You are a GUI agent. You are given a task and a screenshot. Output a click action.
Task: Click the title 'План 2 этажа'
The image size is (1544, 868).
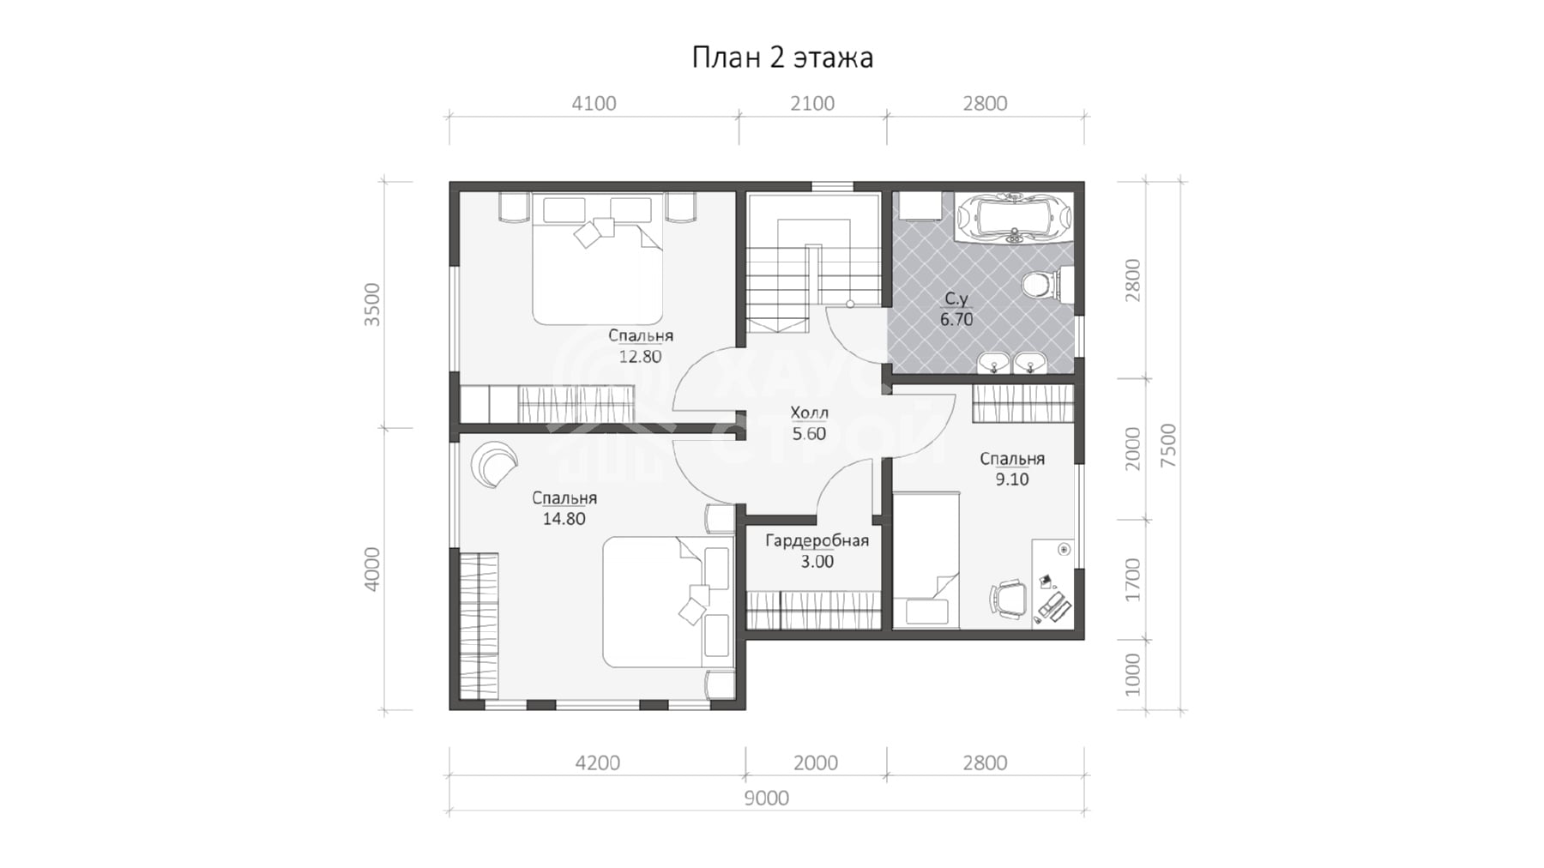[x=782, y=57]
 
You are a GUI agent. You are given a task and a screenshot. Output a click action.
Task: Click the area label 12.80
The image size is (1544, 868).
[x=640, y=356]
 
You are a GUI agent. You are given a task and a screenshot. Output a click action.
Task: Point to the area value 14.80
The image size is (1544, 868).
[x=564, y=518]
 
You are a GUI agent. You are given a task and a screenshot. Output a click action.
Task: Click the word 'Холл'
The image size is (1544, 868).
[x=809, y=413]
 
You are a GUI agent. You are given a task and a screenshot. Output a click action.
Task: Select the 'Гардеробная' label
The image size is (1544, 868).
[x=817, y=541]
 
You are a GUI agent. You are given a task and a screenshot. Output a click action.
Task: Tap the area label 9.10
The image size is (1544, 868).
[x=1011, y=479]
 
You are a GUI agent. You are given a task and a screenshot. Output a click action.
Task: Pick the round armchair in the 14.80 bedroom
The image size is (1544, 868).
[x=495, y=464]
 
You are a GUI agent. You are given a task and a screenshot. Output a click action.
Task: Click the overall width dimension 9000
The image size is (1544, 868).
[x=766, y=798]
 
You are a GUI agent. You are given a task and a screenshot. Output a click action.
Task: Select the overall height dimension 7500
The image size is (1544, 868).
[x=1167, y=445]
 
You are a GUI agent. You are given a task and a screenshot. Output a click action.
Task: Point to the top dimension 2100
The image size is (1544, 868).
[x=811, y=104]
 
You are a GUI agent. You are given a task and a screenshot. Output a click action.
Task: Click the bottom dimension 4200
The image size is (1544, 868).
[x=597, y=763]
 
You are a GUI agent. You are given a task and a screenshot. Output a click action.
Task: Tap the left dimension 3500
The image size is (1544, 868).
[x=371, y=304]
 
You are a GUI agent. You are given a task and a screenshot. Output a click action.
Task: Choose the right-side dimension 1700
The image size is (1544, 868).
[x=1132, y=579]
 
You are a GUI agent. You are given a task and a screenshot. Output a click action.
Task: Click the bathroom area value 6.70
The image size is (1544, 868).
[x=956, y=319]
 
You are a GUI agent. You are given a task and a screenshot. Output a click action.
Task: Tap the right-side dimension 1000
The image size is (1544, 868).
[x=1132, y=674]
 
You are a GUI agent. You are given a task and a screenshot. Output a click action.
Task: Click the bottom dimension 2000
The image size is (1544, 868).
[x=815, y=763]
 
